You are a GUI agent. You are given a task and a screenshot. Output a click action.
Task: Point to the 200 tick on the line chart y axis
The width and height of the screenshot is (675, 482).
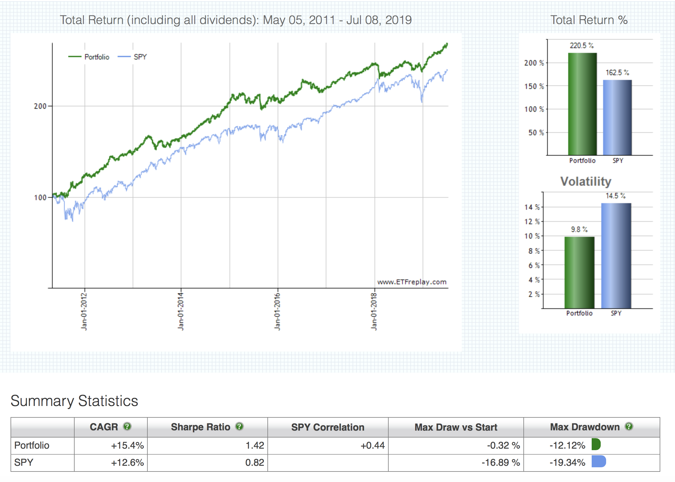[x=40, y=106]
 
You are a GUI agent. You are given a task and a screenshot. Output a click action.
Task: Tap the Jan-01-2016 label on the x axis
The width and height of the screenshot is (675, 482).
[x=277, y=311]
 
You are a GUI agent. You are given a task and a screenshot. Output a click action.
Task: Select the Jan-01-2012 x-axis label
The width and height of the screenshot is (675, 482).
[x=84, y=311]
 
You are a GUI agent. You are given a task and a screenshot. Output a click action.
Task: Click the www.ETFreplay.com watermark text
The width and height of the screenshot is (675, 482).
[x=411, y=282]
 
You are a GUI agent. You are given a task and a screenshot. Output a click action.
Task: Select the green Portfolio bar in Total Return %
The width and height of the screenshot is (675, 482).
[x=582, y=104]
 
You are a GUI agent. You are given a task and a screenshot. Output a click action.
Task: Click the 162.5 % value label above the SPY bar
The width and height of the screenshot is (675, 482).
[x=617, y=72]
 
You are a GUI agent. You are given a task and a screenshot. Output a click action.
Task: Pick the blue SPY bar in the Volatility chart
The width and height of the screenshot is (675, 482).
[x=616, y=255]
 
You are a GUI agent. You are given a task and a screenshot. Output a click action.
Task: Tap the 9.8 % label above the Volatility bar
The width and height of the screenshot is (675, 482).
[x=579, y=229]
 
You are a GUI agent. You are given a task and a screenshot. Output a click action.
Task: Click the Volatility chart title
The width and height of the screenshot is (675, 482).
[x=585, y=181]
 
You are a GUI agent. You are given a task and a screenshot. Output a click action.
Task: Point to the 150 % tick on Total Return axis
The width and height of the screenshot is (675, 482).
[x=534, y=86]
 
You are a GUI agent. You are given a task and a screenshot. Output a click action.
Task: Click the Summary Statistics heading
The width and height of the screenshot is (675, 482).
[x=74, y=401]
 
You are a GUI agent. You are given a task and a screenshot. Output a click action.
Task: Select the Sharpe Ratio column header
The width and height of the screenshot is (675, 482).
[x=200, y=427]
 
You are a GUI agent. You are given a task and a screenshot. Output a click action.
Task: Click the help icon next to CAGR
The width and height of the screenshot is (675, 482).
[x=127, y=426]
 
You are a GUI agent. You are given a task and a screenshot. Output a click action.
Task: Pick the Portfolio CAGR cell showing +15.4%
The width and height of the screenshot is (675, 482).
[x=127, y=445]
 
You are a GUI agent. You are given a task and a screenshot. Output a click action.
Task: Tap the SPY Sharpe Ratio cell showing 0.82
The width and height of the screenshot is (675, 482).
[x=254, y=462]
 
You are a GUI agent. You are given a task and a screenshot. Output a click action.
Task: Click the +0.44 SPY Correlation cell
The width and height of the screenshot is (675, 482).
[x=372, y=445]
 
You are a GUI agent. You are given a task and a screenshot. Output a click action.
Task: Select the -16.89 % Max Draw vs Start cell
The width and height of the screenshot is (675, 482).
[x=501, y=462]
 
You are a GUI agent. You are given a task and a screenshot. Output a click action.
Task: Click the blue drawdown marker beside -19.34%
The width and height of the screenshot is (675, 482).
[x=598, y=462]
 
